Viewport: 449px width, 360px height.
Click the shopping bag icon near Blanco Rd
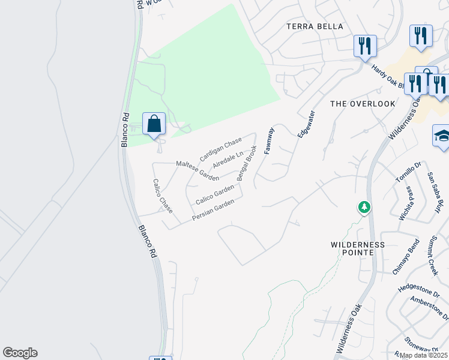tap(154, 124)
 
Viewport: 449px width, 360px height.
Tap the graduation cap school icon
tap(441, 136)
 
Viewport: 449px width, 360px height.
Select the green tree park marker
tap(364, 208)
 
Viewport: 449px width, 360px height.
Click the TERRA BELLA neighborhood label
tap(315, 26)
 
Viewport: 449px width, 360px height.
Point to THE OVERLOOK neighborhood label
tap(363, 104)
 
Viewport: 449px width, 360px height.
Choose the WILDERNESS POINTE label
tap(358, 248)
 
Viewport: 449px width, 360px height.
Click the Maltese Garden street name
tap(197, 171)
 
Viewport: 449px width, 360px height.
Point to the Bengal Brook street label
tap(247, 163)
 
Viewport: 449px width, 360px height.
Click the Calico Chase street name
tap(162, 196)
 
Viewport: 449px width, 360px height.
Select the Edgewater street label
tap(306, 124)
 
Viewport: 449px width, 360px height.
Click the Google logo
tap(20, 353)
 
